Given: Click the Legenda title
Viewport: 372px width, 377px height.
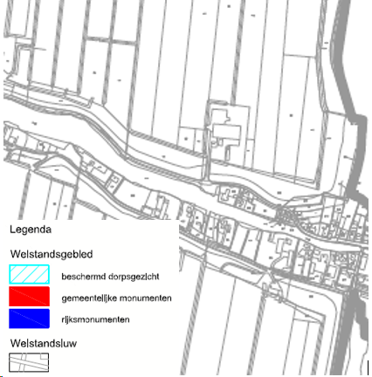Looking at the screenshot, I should [x=31, y=230].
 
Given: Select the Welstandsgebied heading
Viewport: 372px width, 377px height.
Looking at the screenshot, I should [x=52, y=255].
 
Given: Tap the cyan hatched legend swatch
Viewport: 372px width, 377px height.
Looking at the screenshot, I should [x=30, y=277].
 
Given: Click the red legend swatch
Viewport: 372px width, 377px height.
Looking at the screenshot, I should [x=30, y=298].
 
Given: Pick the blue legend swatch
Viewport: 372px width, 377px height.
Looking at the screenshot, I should [x=30, y=319].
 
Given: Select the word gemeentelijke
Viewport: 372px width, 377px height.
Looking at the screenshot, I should [x=91, y=298].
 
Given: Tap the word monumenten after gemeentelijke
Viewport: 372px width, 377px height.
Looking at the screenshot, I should [x=146, y=298].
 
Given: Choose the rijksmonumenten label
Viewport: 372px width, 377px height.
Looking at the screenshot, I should [x=96, y=320].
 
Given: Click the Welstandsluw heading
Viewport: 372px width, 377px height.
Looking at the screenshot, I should [x=44, y=344].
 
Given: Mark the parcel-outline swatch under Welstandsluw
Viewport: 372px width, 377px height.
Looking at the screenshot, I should [x=30, y=363].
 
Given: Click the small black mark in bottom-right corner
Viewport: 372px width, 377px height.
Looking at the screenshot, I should [x=367, y=367].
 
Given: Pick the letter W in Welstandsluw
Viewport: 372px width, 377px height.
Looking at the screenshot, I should [x=15, y=344].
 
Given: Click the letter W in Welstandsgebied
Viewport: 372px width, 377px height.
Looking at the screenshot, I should [x=15, y=255].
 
